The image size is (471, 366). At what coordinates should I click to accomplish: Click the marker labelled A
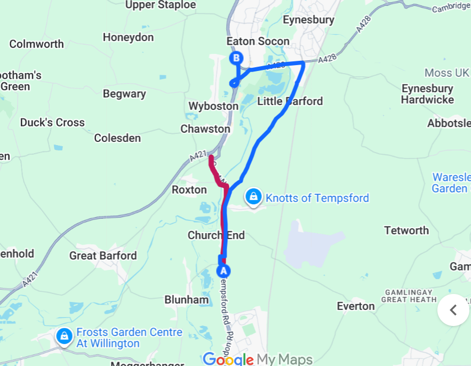pos(223,270)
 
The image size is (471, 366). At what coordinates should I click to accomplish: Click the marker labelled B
pos(235,58)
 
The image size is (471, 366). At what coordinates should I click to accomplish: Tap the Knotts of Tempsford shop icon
pos(253,197)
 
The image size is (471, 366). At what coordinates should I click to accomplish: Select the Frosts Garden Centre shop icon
pos(65,336)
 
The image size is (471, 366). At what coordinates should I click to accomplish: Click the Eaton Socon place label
pos(258,41)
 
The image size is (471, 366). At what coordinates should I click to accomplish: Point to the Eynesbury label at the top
pos(309,20)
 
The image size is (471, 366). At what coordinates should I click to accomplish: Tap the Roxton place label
pos(189,190)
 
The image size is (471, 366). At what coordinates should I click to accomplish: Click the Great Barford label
pos(103,256)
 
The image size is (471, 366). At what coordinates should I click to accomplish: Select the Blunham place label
pos(186,299)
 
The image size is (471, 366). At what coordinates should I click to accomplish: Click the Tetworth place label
pos(406,230)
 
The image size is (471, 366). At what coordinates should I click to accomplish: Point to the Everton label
pos(356,306)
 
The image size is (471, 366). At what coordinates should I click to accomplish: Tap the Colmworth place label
pos(36,44)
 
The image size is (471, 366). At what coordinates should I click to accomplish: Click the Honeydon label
pos(128,37)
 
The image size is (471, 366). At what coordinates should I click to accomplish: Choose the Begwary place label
pos(124,94)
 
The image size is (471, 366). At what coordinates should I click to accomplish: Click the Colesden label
pos(117,138)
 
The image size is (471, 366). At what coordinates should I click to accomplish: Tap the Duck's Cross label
pos(52,123)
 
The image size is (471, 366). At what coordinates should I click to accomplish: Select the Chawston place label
pos(205,129)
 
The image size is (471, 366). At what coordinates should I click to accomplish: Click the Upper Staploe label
pos(161,5)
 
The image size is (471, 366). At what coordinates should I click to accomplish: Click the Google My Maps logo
pos(258,359)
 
